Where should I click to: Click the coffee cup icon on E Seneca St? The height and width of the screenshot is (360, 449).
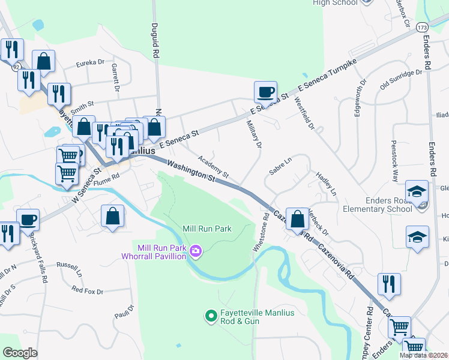point(265,93)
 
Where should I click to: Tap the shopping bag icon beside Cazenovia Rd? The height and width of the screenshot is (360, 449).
point(297,219)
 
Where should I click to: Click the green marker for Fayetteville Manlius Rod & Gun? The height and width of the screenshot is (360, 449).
point(211,316)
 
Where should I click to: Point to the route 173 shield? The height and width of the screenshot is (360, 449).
point(423,28)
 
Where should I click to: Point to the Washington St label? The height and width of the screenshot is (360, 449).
point(191,170)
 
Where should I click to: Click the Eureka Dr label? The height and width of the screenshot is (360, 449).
point(90,62)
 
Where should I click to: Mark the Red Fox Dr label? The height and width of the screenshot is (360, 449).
point(88,290)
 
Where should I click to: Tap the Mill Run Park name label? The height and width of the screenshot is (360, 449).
point(207,229)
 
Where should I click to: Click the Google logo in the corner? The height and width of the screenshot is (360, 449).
point(20,353)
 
